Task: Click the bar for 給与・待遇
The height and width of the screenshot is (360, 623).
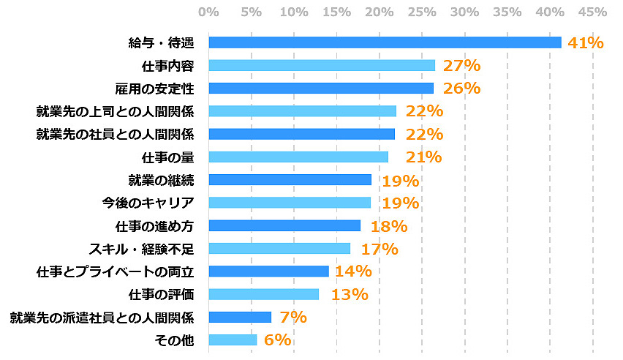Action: coord(385,42)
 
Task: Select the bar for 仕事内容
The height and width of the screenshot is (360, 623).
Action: coord(322,65)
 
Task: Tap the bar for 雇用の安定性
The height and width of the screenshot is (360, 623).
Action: coord(321,89)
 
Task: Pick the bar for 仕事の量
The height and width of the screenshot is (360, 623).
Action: coord(298,157)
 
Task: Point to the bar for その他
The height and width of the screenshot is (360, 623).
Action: coord(233,340)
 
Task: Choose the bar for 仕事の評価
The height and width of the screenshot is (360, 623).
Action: coord(264,294)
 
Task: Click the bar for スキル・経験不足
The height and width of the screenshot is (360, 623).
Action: coord(279,248)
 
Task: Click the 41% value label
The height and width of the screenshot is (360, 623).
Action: coord(586,42)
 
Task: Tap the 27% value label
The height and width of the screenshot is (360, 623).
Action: coord(461,65)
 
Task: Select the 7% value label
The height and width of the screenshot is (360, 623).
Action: coord(292,317)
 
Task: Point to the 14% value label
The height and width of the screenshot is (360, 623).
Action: coord(353,271)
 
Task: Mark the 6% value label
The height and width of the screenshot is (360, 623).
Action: coord(277,340)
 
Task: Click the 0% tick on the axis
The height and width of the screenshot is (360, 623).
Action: coord(208,12)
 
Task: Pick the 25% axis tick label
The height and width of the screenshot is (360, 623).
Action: coord(422,12)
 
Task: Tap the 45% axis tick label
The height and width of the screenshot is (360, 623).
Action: coord(592,12)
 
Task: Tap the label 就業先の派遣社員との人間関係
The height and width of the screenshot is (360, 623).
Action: coord(102,317)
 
